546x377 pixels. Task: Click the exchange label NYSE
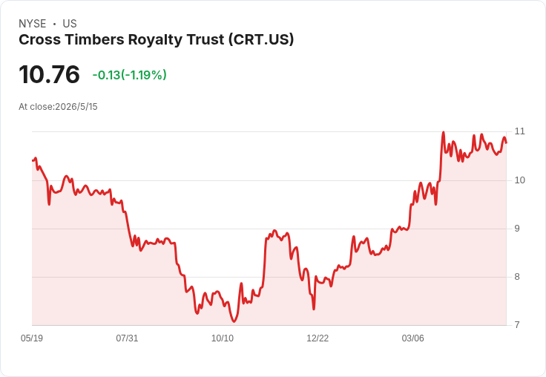pyautogui.click(x=33, y=24)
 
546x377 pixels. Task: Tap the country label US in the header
pyautogui.click(x=70, y=24)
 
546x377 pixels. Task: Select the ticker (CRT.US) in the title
pyautogui.click(x=261, y=40)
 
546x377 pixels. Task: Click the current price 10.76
pyautogui.click(x=50, y=74)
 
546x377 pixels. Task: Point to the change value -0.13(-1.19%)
pyautogui.click(x=130, y=75)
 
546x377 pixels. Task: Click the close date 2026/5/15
pyautogui.click(x=76, y=107)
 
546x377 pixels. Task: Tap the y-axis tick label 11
pyautogui.click(x=519, y=131)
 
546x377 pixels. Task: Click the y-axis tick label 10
pyautogui.click(x=519, y=180)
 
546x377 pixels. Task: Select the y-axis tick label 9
pyautogui.click(x=517, y=229)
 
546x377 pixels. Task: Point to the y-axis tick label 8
pyautogui.click(x=517, y=277)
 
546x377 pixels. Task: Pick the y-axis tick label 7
pyautogui.click(x=517, y=325)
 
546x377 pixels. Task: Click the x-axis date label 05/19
pyautogui.click(x=32, y=338)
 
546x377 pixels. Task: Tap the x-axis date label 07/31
pyautogui.click(x=127, y=338)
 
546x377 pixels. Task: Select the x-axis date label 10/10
pyautogui.click(x=223, y=338)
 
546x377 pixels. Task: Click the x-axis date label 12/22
pyautogui.click(x=318, y=338)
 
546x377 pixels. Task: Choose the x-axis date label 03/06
pyautogui.click(x=413, y=338)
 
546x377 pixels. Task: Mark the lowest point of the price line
pyautogui.click(x=234, y=321)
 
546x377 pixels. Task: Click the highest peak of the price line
pyautogui.click(x=444, y=132)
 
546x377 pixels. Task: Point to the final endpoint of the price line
pyautogui.click(x=506, y=142)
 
